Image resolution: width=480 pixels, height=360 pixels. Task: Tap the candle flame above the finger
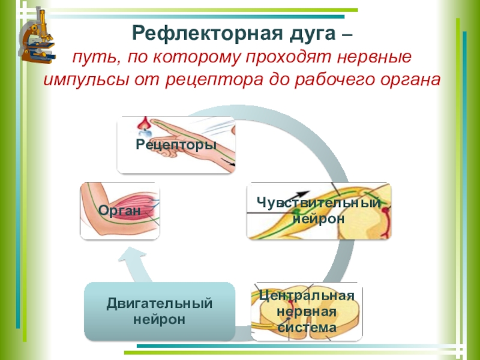pos(142,123)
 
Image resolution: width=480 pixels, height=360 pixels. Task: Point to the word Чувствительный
pos(318,203)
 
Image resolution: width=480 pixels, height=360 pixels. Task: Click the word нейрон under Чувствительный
pos(318,218)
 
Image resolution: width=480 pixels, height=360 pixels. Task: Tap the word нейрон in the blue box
pos(160,319)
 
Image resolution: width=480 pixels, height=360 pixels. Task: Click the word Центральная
pos(307,295)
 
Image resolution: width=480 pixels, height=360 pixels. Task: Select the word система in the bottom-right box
pos(307,328)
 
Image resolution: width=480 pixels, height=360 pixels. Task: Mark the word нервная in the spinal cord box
pos(307,311)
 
